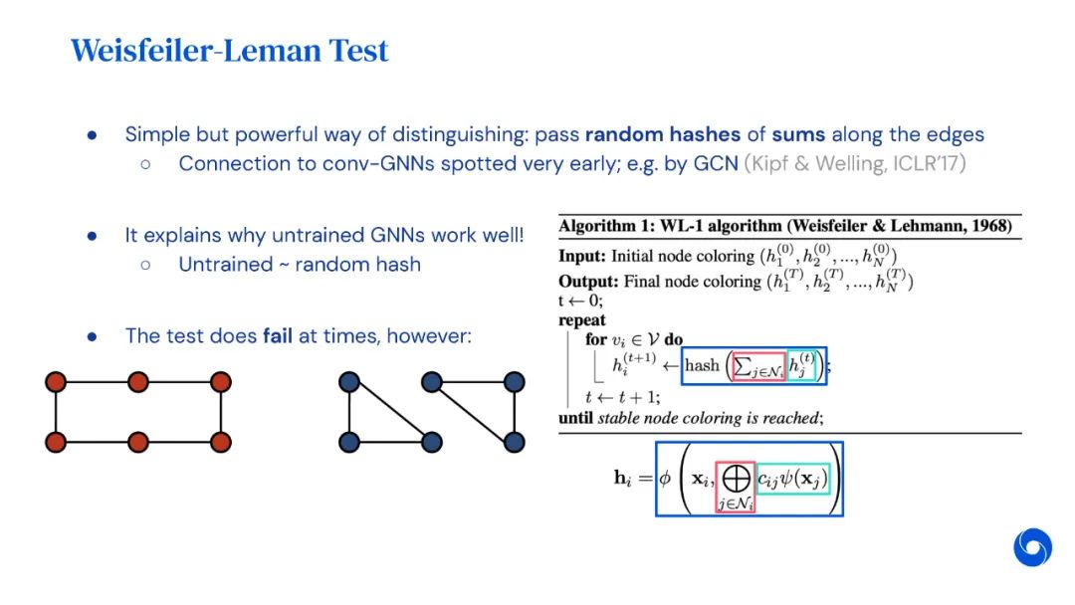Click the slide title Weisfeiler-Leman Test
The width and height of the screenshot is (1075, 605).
pos(229,51)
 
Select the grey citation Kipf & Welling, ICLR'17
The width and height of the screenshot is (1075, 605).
pos(855,163)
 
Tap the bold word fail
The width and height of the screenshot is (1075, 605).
pos(278,335)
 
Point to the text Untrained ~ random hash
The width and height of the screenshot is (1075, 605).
pos(300,265)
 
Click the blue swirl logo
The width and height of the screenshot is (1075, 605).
pos(1032,547)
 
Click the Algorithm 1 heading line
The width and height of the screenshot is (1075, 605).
pos(784,226)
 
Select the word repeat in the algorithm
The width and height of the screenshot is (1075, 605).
pos(582,320)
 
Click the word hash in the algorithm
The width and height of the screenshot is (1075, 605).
pos(702,365)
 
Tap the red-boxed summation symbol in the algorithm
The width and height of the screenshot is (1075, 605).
pos(758,366)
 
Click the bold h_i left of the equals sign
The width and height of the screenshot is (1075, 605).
pos(622,478)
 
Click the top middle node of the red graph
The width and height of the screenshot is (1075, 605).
pos(137,381)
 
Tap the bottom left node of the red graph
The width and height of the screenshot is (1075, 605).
pos(56,442)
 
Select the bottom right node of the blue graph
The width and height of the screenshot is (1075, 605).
pos(515,441)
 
